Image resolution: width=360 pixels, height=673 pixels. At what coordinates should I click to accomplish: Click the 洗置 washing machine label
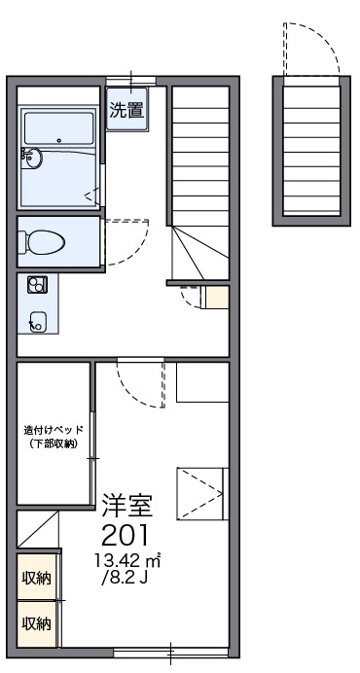click(126, 111)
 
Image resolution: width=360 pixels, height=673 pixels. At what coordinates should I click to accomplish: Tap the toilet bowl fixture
click(42, 242)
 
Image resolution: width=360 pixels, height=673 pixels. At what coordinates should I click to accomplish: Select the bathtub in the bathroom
click(58, 128)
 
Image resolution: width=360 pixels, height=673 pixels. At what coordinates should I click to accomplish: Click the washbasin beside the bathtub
click(33, 158)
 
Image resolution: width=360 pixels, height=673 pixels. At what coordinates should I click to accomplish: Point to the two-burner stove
click(38, 285)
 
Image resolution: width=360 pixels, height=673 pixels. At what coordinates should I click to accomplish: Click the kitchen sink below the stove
click(38, 321)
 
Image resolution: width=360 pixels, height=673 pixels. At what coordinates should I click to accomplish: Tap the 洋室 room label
click(127, 506)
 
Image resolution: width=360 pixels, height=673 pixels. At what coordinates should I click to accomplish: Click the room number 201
click(126, 536)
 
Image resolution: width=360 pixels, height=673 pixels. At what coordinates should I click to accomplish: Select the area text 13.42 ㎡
click(127, 560)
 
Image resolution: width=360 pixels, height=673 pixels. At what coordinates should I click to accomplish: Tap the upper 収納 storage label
click(37, 578)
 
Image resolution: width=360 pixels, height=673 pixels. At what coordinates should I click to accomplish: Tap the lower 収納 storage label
click(37, 622)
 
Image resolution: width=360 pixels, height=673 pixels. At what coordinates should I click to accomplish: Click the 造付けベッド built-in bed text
click(54, 429)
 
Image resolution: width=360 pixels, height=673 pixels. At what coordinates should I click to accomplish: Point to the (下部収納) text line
click(54, 444)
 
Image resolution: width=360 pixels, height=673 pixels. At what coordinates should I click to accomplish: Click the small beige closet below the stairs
click(217, 297)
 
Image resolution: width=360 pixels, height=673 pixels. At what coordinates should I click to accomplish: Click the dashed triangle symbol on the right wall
click(200, 494)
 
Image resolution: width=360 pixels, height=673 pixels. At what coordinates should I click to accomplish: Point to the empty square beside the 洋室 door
click(202, 382)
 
